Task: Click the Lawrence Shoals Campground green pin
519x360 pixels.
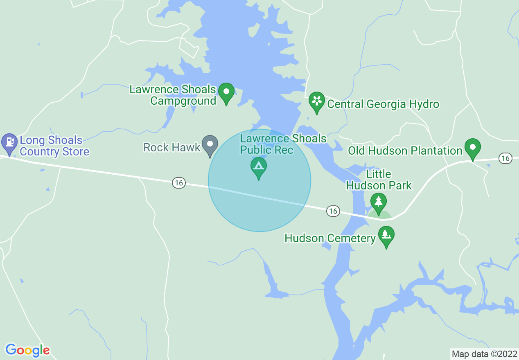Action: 226,93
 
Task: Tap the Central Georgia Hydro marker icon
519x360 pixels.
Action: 316,102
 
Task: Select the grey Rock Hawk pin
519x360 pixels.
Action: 210,145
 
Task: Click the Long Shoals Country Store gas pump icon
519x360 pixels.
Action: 9,142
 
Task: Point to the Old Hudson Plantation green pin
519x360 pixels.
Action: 473,148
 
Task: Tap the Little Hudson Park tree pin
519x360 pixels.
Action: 379,203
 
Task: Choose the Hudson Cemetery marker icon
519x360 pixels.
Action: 386,236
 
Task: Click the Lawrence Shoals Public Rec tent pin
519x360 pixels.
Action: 258,167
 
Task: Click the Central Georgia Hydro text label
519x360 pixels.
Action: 383,104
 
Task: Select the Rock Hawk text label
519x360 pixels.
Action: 172,147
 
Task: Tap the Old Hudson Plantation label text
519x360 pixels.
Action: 405,151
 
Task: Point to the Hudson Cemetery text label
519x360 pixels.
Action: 330,238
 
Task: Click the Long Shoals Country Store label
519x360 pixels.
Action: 54,146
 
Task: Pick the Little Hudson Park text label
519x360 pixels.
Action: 379,180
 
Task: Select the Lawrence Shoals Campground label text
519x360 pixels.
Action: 173,95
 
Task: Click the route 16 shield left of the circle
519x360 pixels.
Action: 178,183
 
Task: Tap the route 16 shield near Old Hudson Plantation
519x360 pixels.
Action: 506,158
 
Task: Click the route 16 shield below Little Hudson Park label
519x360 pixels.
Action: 333,211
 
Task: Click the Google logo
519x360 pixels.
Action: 27,350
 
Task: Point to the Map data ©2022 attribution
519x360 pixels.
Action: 484,354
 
